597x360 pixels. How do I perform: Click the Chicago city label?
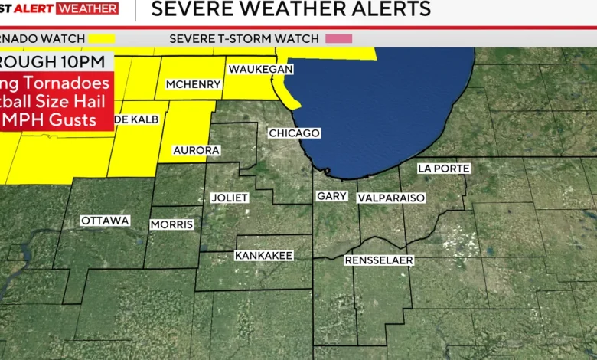click(x=294, y=133)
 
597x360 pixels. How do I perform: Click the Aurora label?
click(x=196, y=150)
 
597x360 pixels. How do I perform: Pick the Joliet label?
click(x=230, y=198)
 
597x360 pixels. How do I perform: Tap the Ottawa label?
click(x=105, y=221)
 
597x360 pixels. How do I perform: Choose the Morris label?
click(x=171, y=224)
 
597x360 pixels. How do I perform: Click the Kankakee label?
click(x=264, y=255)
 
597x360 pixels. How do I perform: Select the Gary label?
click(x=331, y=196)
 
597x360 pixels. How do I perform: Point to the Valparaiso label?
click(x=391, y=198)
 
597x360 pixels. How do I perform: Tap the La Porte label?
click(x=444, y=169)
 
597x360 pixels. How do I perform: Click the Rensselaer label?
click(x=379, y=260)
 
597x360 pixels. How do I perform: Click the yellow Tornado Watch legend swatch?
click(x=100, y=38)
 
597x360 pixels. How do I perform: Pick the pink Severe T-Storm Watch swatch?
click(x=338, y=38)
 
